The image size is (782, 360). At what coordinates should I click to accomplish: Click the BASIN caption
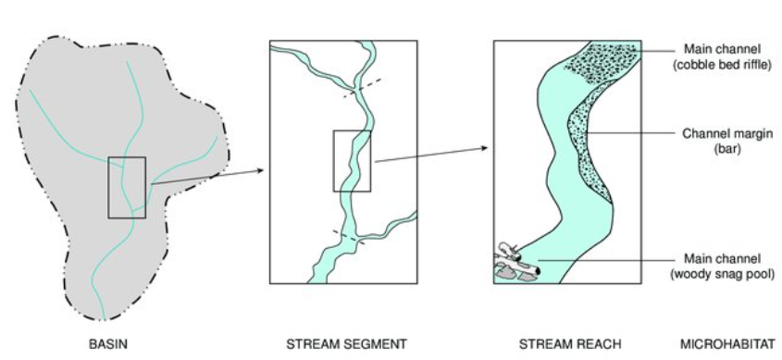(107, 344)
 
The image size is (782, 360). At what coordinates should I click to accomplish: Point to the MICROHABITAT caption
(727, 344)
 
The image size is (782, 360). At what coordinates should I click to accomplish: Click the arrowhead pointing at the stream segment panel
(262, 170)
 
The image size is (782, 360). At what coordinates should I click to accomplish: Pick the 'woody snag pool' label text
(726, 274)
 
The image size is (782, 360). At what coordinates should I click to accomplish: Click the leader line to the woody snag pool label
(602, 263)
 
